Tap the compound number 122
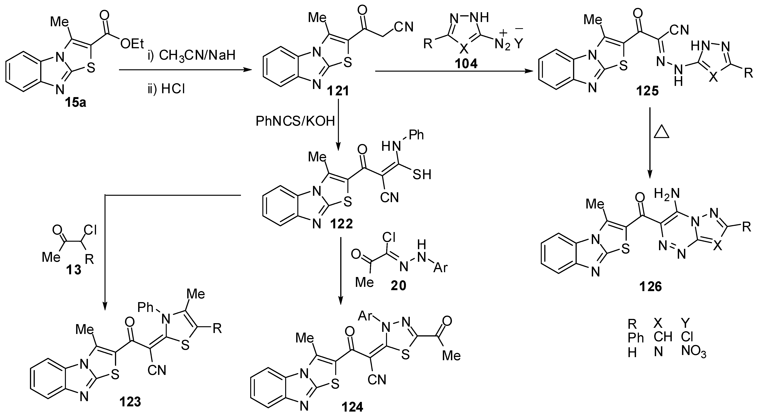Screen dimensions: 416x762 [342, 224]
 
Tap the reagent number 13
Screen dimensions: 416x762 [73, 269]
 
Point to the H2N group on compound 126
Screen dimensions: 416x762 [666, 194]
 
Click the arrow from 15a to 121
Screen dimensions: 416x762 [185, 70]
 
